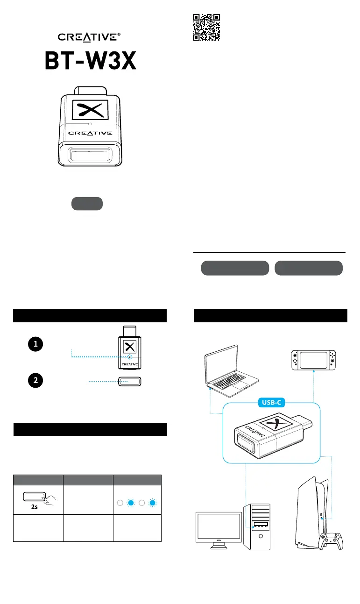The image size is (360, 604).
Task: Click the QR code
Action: pos(206,27)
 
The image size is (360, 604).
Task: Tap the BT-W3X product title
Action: pos(90,61)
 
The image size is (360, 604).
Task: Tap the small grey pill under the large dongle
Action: pos(87,204)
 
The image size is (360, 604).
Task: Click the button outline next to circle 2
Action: pos(130,381)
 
